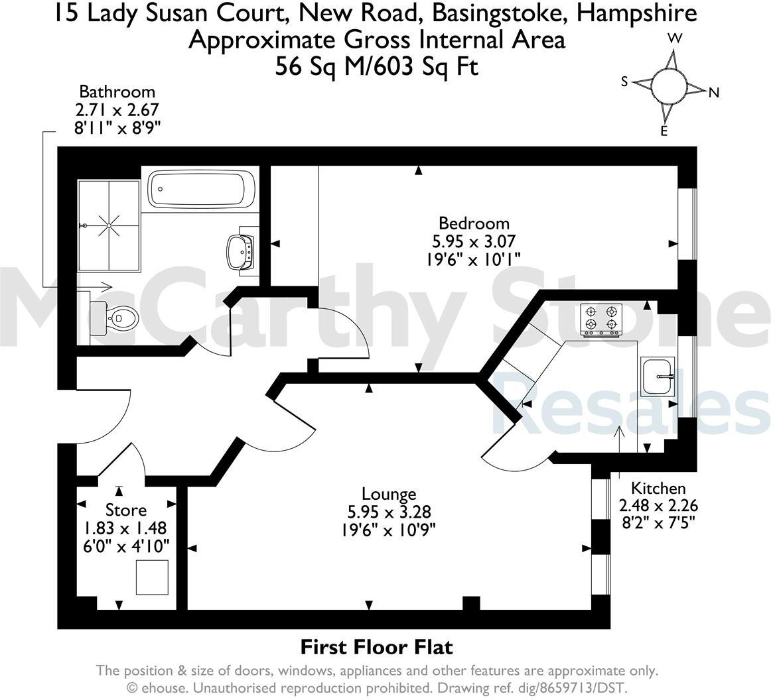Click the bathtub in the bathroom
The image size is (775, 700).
click(x=201, y=188)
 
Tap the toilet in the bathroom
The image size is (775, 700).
click(x=115, y=318)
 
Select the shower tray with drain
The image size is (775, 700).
click(x=109, y=225)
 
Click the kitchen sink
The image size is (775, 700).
click(x=658, y=377)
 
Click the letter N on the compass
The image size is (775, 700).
click(x=714, y=93)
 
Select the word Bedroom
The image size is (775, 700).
click(x=474, y=223)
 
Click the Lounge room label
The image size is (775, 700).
click(x=389, y=494)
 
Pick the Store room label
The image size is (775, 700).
click(x=126, y=510)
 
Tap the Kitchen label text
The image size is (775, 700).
click(x=658, y=489)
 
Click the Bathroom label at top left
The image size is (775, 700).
click(x=117, y=91)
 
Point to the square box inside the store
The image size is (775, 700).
click(x=152, y=577)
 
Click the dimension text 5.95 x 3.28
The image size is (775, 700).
click(x=389, y=512)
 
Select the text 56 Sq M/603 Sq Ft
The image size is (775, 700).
click(x=376, y=66)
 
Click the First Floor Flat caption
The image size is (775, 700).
click(x=376, y=646)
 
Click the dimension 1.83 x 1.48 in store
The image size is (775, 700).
click(x=125, y=528)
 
